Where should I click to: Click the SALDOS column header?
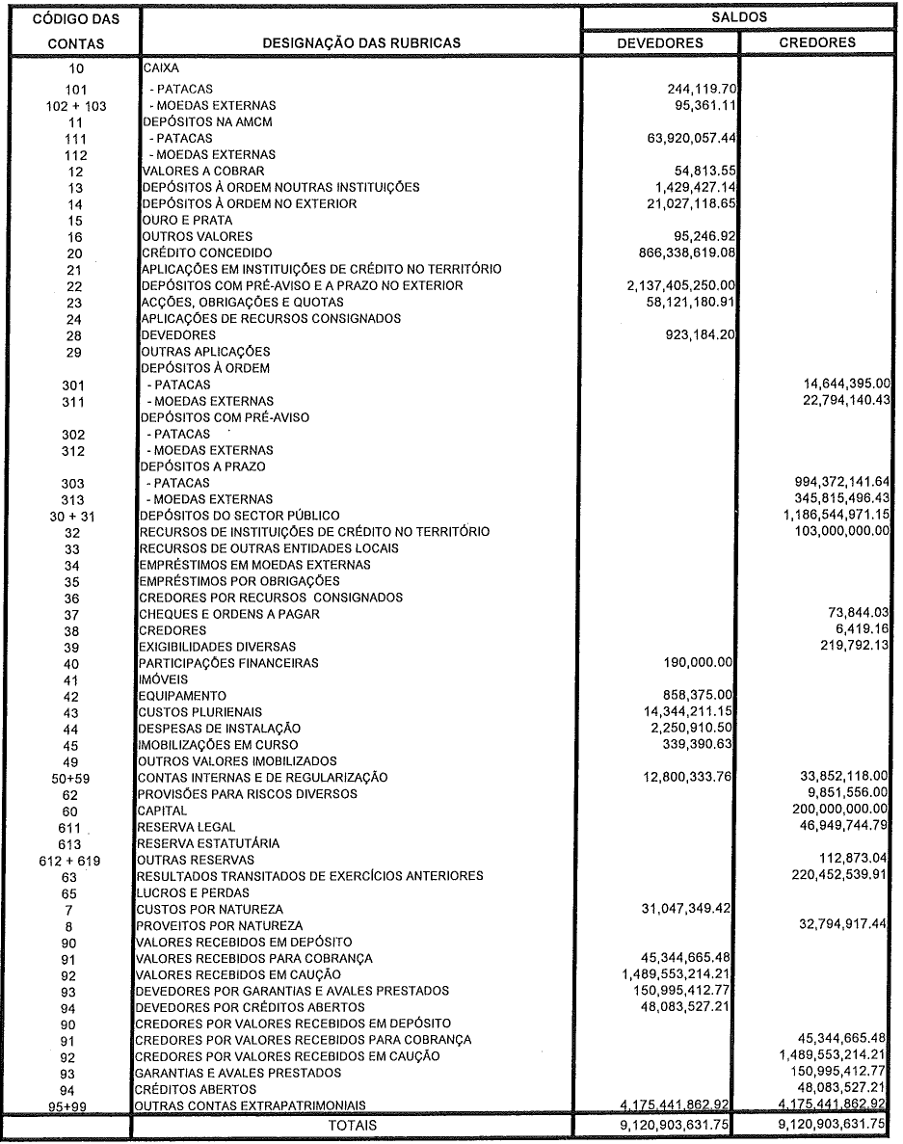click(x=741, y=17)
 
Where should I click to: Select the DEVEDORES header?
click(x=660, y=43)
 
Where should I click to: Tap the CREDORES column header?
click(x=817, y=43)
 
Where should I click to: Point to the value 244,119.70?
click(x=696, y=89)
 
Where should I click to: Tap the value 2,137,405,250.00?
click(x=680, y=285)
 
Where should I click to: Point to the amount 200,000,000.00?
click(x=836, y=811)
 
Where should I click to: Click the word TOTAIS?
click(x=353, y=1125)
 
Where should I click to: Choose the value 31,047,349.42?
click(x=688, y=909)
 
